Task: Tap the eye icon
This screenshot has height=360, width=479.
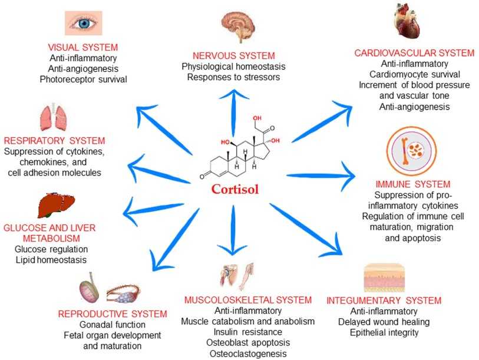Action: [x=82, y=22]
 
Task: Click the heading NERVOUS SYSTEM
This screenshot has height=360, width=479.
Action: [x=239, y=55]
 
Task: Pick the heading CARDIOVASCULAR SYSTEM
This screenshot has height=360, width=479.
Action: [x=406, y=53]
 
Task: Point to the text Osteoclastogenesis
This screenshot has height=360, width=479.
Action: [x=247, y=354]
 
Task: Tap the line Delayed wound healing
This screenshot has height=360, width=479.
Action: [x=384, y=322]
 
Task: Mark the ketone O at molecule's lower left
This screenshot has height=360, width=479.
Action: [x=202, y=176]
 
